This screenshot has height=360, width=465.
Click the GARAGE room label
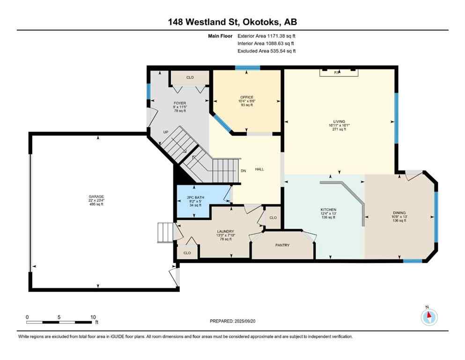[x=96, y=196]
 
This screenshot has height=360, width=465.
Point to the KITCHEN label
[x=328, y=210]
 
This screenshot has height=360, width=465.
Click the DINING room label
[x=399, y=212]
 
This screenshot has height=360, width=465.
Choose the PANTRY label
[x=282, y=245]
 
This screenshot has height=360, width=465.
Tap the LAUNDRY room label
[x=225, y=231]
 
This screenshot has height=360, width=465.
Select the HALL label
[x=259, y=169]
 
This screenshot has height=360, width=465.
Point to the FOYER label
[x=180, y=103]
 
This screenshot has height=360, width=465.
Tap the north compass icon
[x=428, y=317]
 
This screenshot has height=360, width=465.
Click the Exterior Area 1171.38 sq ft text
[x=266, y=36]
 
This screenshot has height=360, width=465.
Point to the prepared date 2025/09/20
[x=232, y=321]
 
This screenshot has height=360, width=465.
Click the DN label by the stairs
[x=243, y=171]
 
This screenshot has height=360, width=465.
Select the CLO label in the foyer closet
[x=190, y=77]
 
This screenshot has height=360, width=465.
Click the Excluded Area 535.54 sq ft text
[x=266, y=51]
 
